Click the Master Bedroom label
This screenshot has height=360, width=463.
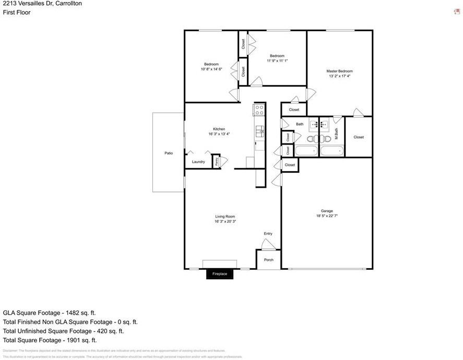pos(339,71)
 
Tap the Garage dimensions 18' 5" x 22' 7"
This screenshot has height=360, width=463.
pos(327,216)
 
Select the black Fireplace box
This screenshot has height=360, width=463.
pos(219,274)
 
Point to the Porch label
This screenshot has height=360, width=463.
pos(268,260)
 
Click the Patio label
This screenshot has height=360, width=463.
pos(169,153)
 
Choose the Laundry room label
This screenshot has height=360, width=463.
pos(198,162)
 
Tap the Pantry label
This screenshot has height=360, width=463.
pos(217,161)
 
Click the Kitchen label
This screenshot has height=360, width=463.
pos(219,129)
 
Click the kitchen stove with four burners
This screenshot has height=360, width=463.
pos(259,110)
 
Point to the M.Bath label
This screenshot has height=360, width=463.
pos(337,134)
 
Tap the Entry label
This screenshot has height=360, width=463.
pos(268,234)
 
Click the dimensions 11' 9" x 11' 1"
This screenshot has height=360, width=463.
pos(277,61)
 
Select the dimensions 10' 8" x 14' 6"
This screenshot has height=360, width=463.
pos(211,69)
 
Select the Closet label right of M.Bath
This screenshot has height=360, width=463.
pos(359,137)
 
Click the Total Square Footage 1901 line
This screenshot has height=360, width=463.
pos(50,340)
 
